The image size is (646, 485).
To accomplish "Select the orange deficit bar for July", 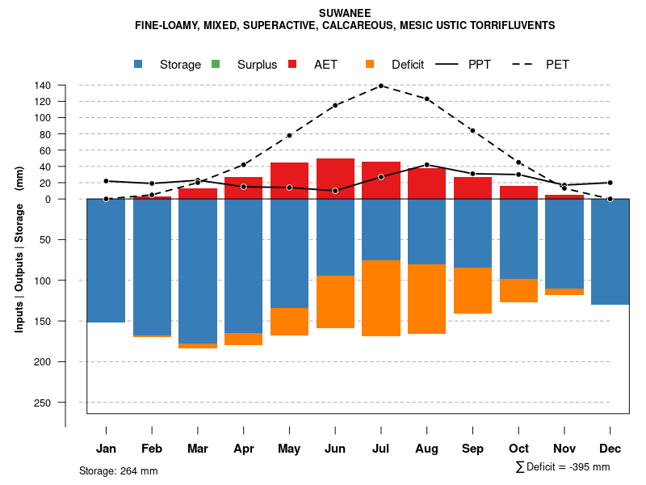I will click(381, 297).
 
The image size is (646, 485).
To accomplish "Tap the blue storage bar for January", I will click(106, 260).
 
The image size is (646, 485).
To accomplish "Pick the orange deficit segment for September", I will click(472, 290).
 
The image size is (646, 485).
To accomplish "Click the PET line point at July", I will click(381, 86).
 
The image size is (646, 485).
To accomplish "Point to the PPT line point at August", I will click(427, 165).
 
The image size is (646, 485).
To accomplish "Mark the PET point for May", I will click(289, 135).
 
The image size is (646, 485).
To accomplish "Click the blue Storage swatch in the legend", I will click(139, 64).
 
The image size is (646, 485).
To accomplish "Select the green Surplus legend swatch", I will click(216, 64).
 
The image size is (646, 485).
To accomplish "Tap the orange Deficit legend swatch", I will click(370, 64).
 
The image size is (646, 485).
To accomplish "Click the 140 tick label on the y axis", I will click(43, 85).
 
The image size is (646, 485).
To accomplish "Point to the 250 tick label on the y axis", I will click(43, 403).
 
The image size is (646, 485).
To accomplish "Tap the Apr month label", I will click(244, 449).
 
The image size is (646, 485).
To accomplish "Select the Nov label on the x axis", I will click(564, 449).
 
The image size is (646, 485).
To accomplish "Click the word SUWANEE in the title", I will click(345, 14).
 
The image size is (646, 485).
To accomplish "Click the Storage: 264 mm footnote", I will click(118, 470).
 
